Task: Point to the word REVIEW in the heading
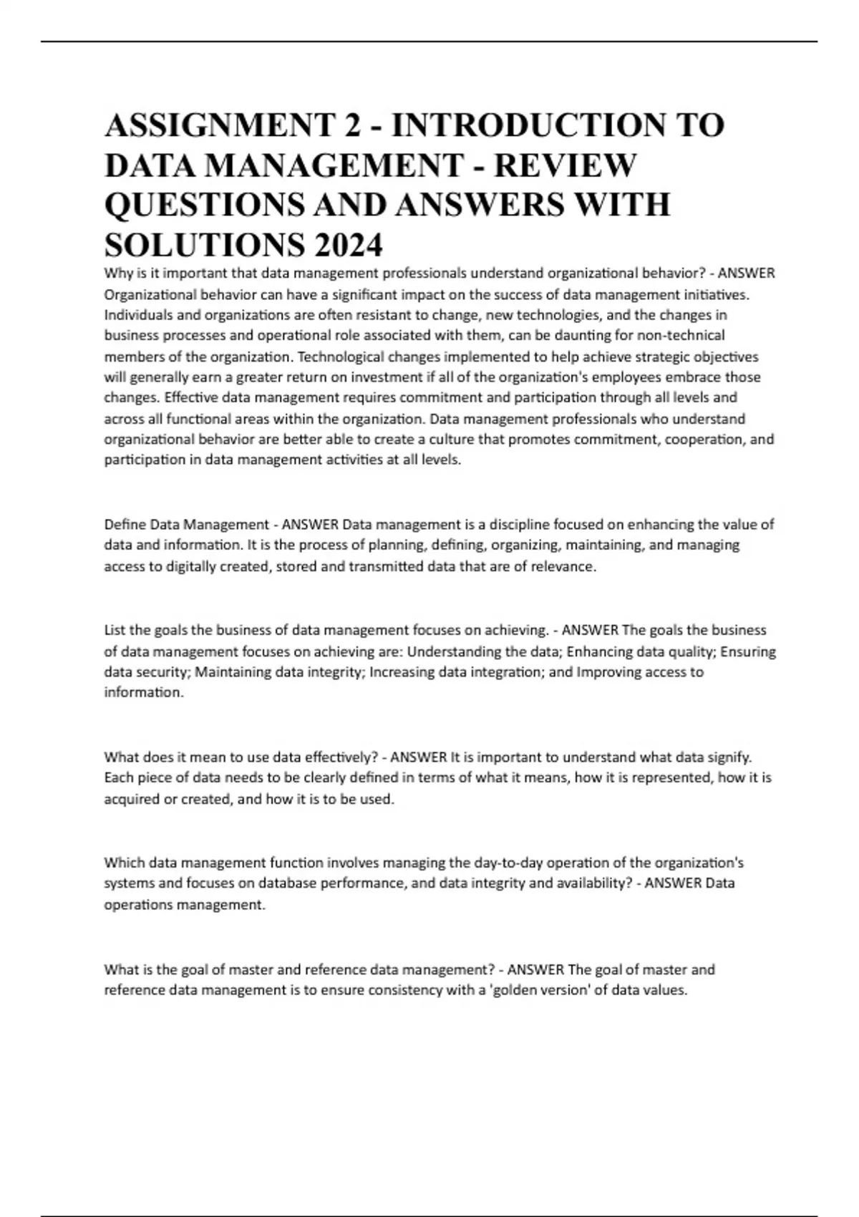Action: point(565,165)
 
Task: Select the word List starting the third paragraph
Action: point(115,630)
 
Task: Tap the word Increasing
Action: point(402,671)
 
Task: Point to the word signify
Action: point(728,757)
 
